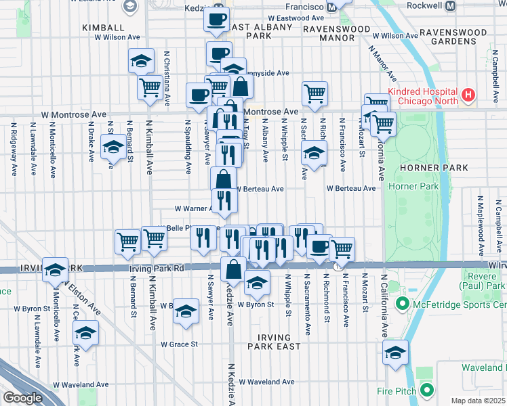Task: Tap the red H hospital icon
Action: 467,93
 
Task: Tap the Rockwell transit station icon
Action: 450,6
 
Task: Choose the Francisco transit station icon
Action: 331,7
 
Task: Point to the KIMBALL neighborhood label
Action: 103,28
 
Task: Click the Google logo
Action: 22,398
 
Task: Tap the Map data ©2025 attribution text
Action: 477,401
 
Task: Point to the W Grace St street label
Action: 179,344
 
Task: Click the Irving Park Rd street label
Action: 156,269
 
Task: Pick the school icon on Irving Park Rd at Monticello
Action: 55,269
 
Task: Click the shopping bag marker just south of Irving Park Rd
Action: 233,269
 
